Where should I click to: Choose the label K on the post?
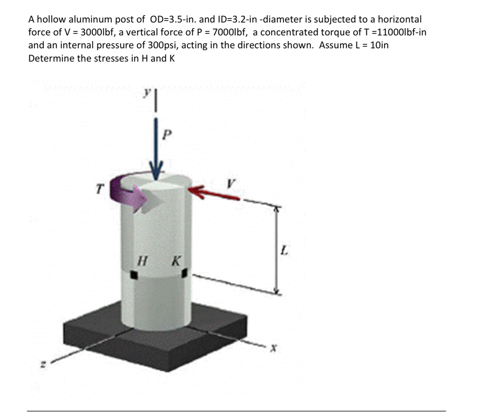click(x=176, y=262)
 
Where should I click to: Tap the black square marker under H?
click(x=134, y=275)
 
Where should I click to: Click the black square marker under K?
click(x=185, y=273)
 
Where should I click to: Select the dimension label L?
click(x=284, y=251)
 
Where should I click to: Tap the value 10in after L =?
click(x=379, y=45)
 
